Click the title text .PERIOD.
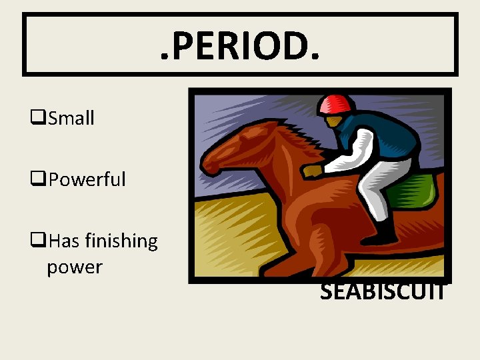240,45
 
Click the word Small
71,119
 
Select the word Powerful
87,179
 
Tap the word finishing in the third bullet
121,241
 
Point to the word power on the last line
75,267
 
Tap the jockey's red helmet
335,104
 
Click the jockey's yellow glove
312,171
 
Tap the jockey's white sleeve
353,147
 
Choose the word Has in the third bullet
63,241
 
